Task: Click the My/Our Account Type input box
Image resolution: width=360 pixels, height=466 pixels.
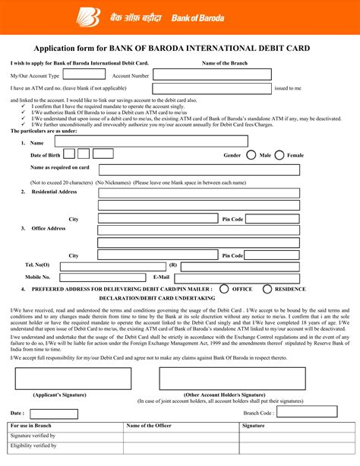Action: [84, 75]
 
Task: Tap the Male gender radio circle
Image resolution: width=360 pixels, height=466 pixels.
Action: [251, 155]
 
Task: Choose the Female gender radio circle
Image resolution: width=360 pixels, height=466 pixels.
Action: [279, 155]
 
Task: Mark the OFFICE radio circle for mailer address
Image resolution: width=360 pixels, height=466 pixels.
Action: [224, 289]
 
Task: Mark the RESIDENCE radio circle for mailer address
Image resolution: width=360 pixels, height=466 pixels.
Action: [267, 289]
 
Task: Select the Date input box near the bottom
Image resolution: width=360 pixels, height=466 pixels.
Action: [55, 413]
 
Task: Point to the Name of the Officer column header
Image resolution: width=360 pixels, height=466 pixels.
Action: [149, 426]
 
